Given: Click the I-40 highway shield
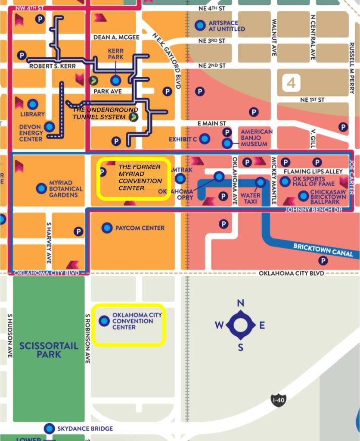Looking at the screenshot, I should point(278,400).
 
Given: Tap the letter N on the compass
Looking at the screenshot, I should point(241,303).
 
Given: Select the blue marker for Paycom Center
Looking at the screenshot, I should point(107,228).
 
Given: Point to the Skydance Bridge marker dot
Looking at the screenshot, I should point(50,428).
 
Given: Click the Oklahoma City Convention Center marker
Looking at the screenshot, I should point(104,321).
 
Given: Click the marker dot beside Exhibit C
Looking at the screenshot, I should point(205,139).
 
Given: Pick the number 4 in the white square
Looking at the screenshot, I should point(292,83).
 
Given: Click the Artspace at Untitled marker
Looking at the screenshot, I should point(200,25).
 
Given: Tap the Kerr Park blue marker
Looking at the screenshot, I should point(115,80).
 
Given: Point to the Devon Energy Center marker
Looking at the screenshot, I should point(50,127).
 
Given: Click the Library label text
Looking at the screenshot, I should point(32,114).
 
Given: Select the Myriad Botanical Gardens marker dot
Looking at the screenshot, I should point(41,188).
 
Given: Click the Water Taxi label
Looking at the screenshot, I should point(250,198).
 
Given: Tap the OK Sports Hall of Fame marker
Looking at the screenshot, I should point(285,181).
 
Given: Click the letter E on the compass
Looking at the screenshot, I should point(262,325).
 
